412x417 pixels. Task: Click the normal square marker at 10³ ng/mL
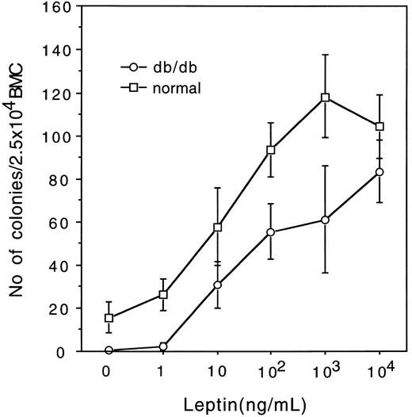(326, 98)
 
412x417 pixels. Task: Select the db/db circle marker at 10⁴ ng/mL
(380, 172)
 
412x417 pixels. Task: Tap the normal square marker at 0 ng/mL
(109, 318)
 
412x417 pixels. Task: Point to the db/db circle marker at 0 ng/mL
(109, 350)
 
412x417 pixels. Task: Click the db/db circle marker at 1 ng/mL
(163, 346)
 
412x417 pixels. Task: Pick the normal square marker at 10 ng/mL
(217, 228)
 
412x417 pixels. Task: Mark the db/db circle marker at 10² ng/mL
(271, 232)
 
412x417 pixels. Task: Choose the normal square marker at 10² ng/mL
(271, 150)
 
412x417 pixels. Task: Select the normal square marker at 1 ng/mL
(163, 295)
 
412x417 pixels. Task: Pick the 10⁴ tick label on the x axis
(381, 370)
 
